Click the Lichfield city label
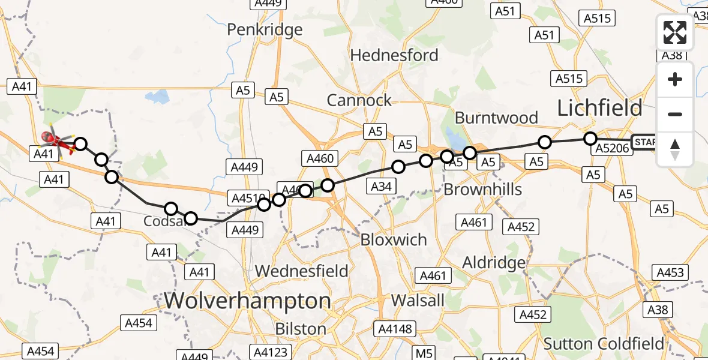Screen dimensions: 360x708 [x=599, y=108]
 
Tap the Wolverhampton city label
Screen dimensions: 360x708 [x=247, y=301]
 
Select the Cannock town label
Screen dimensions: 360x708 [x=359, y=100]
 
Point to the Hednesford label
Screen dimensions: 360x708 [x=394, y=55]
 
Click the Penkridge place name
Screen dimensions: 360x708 [x=265, y=29]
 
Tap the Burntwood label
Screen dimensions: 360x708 [x=496, y=118]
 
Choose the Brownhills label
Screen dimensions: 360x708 [x=482, y=190]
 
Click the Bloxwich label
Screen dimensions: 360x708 [x=394, y=239]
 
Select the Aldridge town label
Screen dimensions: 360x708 [x=494, y=262]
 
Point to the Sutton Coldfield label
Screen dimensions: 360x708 [x=604, y=344]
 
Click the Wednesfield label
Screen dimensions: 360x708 [x=301, y=271]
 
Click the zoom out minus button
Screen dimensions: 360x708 [x=675, y=114]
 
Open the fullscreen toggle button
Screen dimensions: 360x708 [x=675, y=32]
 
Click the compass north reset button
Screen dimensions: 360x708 [x=675, y=149]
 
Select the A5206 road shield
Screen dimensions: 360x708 [x=612, y=150]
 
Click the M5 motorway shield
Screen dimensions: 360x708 [x=424, y=353]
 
